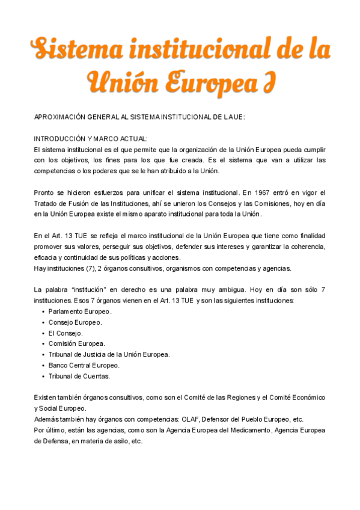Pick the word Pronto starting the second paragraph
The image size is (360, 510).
click(x=44, y=192)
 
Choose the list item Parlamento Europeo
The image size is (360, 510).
click(x=79, y=312)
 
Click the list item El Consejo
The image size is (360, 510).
click(x=66, y=333)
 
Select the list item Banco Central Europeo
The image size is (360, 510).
click(x=84, y=366)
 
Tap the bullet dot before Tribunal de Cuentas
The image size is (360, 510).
click(x=43, y=376)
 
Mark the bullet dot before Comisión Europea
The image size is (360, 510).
click(x=43, y=344)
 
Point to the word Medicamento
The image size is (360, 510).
click(x=249, y=431)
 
